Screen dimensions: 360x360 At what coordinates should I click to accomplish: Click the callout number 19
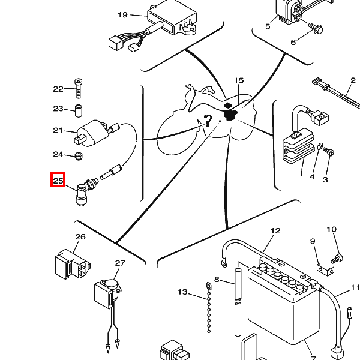pos(122,15)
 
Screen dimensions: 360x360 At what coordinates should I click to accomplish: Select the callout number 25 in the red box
pos(58,181)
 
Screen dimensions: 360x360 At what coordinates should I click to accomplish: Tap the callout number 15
pos(239,80)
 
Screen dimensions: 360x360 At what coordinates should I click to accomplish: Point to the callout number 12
pos(275,231)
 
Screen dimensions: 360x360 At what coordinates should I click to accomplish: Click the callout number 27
pos(120,263)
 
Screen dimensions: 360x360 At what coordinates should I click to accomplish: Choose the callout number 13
pos(182,292)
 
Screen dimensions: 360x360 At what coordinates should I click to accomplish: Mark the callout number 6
pos(293,42)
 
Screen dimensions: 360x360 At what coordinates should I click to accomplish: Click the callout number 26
pos(80,237)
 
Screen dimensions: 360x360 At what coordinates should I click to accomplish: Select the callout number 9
pos(313,241)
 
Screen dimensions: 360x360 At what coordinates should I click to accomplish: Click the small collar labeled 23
pos(78,109)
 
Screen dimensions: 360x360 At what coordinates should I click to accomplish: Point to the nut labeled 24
pos(78,157)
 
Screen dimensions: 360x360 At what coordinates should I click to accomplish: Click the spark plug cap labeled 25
pos(83,193)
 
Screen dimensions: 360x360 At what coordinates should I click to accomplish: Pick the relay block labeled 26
pos(71,263)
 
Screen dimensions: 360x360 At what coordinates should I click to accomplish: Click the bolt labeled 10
pos(337,258)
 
